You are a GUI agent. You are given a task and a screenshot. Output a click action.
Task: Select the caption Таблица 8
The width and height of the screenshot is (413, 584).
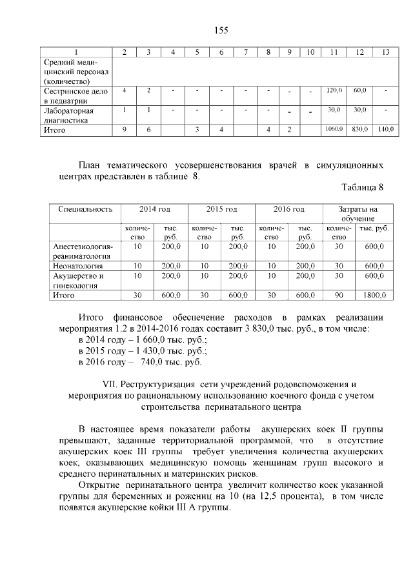click(x=362, y=188)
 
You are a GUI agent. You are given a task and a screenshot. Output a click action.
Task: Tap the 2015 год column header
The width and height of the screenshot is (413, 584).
click(x=221, y=210)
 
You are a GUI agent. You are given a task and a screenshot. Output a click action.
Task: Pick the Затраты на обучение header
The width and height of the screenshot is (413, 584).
click(x=358, y=214)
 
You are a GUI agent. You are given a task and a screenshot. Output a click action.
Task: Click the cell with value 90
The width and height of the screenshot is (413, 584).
click(x=339, y=295)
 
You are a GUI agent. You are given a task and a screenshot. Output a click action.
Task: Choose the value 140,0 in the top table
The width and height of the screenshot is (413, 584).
click(x=385, y=130)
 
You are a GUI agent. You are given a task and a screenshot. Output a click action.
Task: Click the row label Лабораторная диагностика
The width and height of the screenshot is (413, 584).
click(x=69, y=115)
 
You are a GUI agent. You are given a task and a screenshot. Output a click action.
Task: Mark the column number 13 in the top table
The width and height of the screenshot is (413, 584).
click(x=385, y=52)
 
